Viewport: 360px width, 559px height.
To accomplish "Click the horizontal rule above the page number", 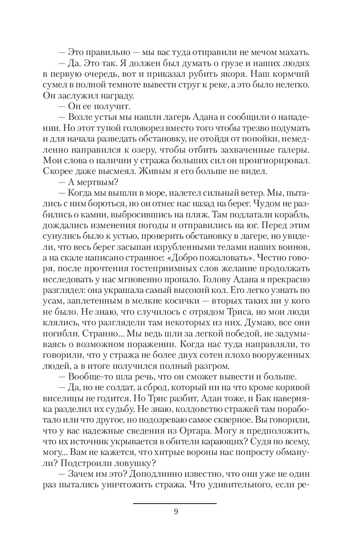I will click(x=175, y=504).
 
